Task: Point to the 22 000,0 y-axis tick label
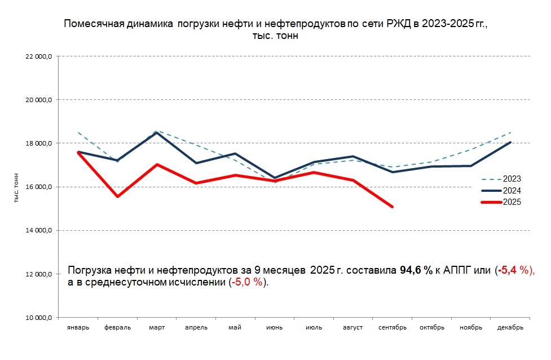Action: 38,56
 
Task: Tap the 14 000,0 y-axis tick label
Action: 38,230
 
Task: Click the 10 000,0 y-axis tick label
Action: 38,318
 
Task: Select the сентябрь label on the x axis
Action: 393,328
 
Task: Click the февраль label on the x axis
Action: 117,328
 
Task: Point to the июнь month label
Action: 275,328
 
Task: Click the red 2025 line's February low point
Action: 117,196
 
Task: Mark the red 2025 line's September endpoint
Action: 393,207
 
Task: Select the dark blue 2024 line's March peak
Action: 157,133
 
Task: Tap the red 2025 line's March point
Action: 157,165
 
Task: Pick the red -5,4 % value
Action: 513,270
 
